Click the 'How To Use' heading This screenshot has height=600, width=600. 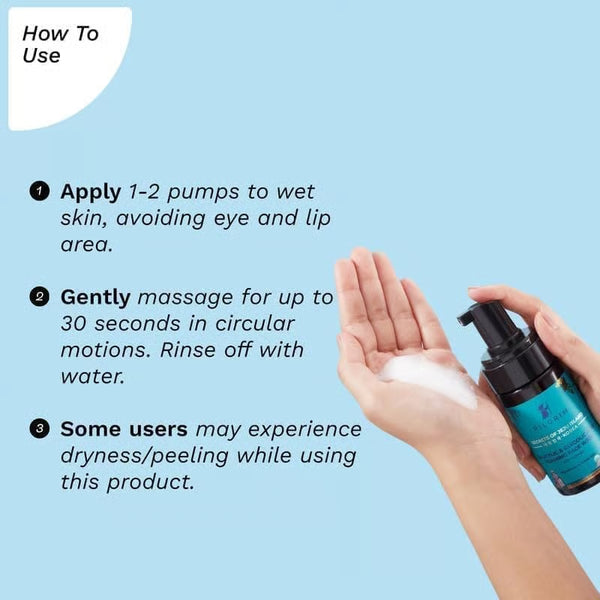pyautogui.click(x=60, y=45)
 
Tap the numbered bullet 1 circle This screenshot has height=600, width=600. pyautogui.click(x=39, y=191)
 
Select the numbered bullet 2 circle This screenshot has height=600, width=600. pyautogui.click(x=39, y=297)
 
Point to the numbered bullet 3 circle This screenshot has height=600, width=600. pyautogui.click(x=39, y=429)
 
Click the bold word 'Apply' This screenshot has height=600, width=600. pyautogui.click(x=90, y=191)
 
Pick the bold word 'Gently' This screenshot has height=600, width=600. pyautogui.click(x=95, y=297)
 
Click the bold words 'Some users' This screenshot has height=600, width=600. pyautogui.click(x=124, y=428)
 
